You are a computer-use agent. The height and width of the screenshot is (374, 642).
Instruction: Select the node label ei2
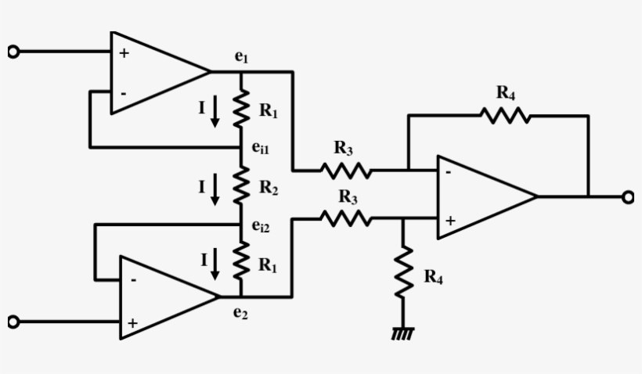pyautogui.click(x=261, y=226)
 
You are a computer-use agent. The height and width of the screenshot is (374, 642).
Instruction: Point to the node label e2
pyautogui.click(x=240, y=314)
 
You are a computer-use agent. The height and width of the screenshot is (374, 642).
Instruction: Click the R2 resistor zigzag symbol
pyautogui.click(x=241, y=186)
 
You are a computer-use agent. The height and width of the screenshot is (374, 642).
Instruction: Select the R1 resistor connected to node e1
pyautogui.click(x=241, y=109)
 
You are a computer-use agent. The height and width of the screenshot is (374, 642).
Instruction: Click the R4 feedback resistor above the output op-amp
pyautogui.click(x=506, y=116)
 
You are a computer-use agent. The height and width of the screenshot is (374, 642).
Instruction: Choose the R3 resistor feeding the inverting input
pyautogui.click(x=344, y=169)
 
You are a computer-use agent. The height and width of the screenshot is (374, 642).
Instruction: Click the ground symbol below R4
pyautogui.click(x=403, y=333)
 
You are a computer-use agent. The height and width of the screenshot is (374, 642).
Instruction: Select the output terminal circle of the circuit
pyautogui.click(x=627, y=197)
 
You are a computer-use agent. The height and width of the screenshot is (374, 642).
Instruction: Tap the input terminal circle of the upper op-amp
pyautogui.click(x=12, y=52)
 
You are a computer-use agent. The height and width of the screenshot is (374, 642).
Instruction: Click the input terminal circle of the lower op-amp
pyautogui.click(x=12, y=322)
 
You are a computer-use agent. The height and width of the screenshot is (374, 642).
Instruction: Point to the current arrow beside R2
pyautogui.click(x=216, y=187)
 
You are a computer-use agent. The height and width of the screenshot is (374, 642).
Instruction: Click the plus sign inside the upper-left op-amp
pyautogui.click(x=124, y=53)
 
